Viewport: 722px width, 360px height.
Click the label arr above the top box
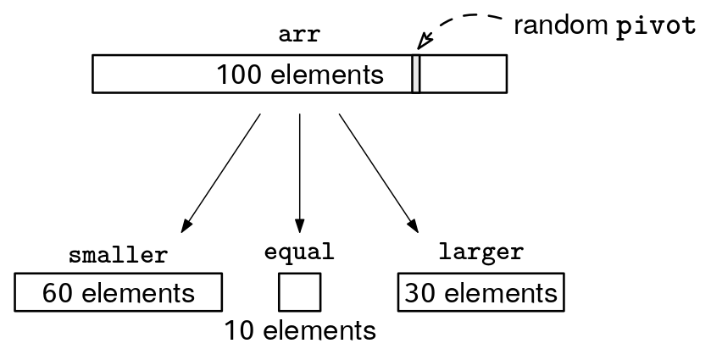point(300,36)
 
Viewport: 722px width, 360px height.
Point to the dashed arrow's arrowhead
point(425,42)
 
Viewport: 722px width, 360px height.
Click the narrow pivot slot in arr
point(416,74)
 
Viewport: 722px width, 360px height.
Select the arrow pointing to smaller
point(219,174)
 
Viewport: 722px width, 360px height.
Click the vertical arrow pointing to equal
point(300,169)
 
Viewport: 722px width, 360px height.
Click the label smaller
point(118,254)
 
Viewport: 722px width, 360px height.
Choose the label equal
point(299,252)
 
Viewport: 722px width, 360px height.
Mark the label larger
point(480,252)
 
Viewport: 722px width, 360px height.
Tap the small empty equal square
point(299,292)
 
